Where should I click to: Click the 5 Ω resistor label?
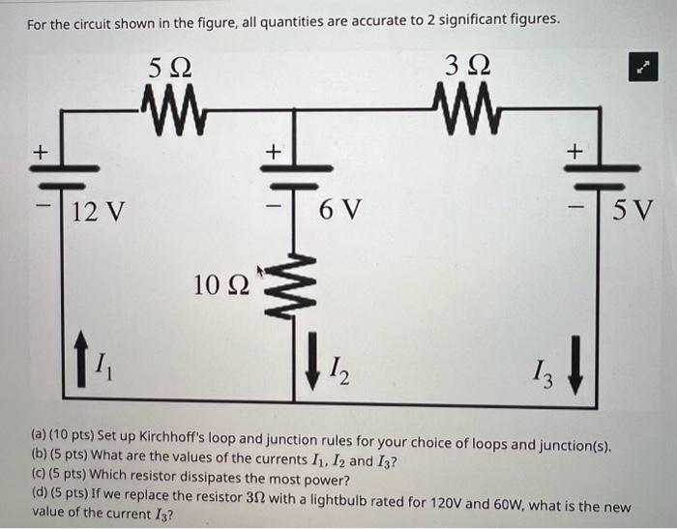170,68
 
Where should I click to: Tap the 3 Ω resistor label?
469,68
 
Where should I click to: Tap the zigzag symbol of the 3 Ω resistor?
469,103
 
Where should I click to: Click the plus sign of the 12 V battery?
42,152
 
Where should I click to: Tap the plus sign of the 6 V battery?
274,152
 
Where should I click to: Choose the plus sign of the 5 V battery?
574,152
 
